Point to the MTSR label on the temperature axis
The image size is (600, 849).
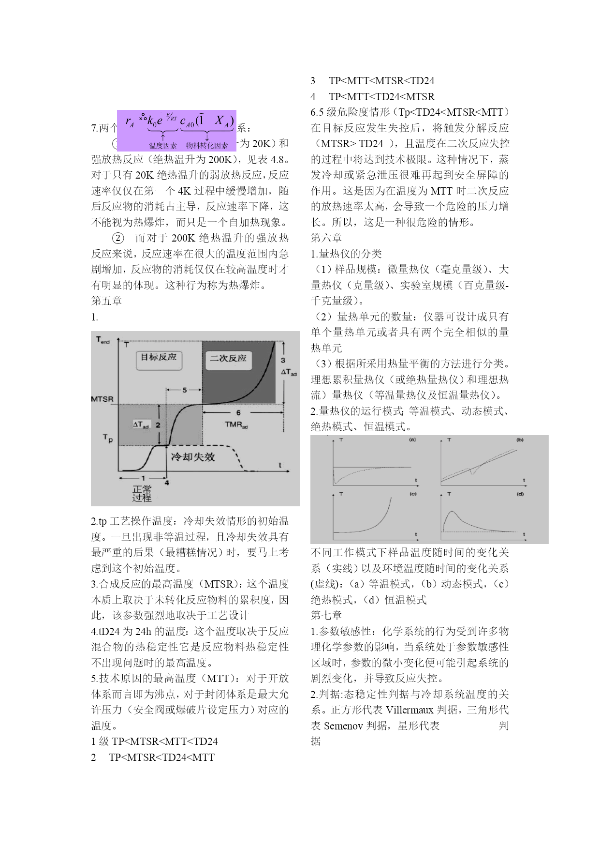102,399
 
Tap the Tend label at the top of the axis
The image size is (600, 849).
103,340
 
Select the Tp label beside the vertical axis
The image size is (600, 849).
107,438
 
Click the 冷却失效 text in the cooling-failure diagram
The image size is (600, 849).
193,457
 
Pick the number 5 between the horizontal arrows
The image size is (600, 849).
184,390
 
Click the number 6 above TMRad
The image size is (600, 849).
238,413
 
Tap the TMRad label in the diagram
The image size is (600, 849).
236,425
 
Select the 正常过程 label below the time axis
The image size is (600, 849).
142,493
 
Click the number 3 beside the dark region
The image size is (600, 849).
283,360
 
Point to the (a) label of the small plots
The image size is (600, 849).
412,440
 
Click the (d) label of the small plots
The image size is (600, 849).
520,494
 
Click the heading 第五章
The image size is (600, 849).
107,301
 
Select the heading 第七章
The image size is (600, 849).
326,616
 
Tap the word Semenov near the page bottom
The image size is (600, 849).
344,726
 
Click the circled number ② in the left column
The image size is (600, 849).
118,238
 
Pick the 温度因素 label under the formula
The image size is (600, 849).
163,145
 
